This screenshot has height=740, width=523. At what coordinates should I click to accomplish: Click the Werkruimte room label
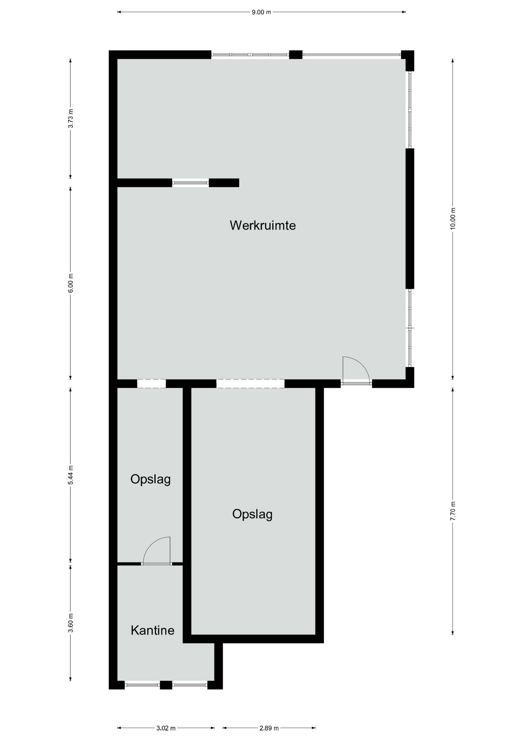coord(263,225)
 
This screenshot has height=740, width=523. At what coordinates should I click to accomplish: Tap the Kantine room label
coord(153,630)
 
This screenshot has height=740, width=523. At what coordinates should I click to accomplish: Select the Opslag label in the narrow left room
coord(150,479)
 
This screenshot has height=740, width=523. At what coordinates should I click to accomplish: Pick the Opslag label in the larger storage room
coord(252,514)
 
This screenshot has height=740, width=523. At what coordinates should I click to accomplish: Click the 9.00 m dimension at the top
coord(261,12)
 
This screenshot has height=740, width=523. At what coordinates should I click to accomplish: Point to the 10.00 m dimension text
coord(453,219)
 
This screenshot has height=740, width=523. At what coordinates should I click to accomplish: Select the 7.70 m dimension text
coord(453,511)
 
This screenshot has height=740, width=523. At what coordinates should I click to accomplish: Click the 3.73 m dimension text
coord(70,119)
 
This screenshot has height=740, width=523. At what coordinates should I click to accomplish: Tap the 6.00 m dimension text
coord(70,283)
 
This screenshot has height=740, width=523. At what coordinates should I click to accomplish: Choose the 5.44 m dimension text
coord(70,475)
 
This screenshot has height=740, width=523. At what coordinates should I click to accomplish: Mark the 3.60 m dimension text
coord(70,623)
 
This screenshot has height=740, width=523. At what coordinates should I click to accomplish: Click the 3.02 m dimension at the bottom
coord(166,728)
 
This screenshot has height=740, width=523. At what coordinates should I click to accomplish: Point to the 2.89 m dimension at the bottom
coord(269,728)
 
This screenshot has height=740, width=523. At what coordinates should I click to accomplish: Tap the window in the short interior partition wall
coord(190,183)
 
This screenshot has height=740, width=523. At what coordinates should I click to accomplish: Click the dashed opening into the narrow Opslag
coord(151,383)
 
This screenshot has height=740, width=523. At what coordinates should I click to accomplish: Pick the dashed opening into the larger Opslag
coord(250,383)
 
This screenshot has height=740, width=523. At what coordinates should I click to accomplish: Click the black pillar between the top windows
coord(295,55)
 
